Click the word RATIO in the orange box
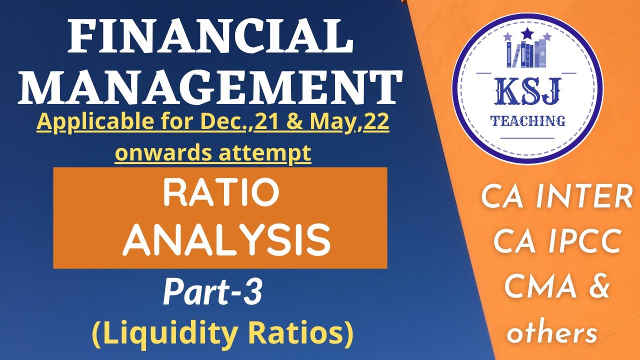pos(220,194)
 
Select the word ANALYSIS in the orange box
pos(226,240)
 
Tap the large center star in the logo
pos(527,34)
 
